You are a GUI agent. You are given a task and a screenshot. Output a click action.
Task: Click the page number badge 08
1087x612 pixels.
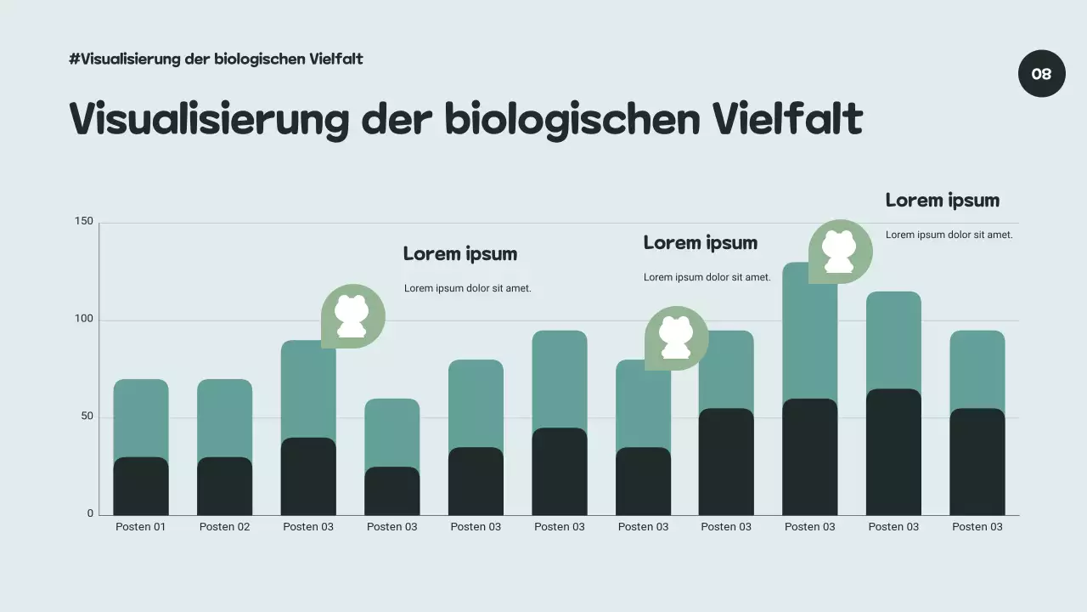(x=1041, y=74)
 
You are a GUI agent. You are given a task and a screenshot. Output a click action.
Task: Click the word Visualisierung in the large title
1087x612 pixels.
(x=208, y=120)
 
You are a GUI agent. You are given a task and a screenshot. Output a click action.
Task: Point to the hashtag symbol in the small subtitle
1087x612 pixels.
(x=75, y=59)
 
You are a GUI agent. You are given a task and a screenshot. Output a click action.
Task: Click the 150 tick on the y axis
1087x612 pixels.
(x=84, y=222)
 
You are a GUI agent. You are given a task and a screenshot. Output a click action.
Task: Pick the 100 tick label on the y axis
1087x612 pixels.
(x=84, y=320)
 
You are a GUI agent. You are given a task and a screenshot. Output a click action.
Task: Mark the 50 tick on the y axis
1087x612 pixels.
(x=87, y=417)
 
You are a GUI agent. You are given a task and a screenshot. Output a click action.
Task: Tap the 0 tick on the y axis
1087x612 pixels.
(x=90, y=514)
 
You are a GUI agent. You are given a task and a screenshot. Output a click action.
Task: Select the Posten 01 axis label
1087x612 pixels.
(x=141, y=527)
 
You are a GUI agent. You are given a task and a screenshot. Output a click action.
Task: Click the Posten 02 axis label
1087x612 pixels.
(x=224, y=527)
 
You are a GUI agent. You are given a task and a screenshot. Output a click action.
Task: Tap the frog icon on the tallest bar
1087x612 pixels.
(x=840, y=252)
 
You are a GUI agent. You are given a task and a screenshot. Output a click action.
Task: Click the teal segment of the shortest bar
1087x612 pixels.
(x=391, y=433)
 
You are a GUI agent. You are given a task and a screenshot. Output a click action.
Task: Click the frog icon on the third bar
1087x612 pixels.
(x=352, y=316)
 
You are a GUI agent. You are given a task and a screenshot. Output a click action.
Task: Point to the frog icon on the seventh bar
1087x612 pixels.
(x=676, y=338)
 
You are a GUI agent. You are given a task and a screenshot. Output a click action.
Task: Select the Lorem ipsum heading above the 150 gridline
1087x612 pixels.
(x=942, y=201)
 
